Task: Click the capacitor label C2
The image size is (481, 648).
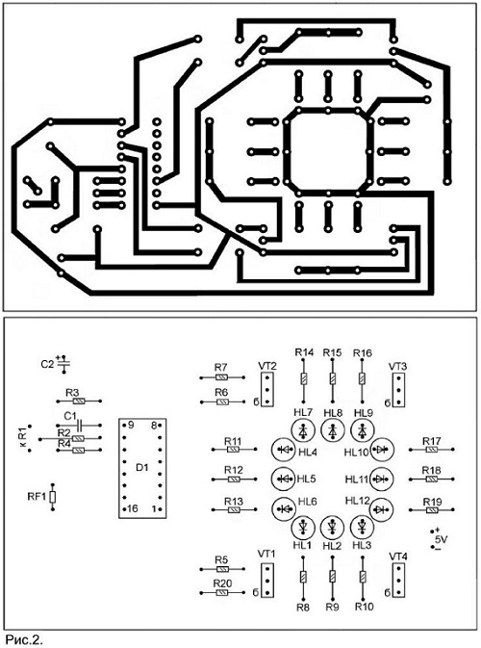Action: coord(47,365)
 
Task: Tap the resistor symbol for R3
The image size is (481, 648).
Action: coord(79,401)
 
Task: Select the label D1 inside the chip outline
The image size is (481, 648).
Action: coord(142,467)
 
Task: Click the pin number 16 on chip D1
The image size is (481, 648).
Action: coord(132,508)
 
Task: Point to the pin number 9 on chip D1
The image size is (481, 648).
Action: coord(131,425)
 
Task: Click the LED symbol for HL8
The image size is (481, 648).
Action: coord(333,430)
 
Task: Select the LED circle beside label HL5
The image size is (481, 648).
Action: coord(283,479)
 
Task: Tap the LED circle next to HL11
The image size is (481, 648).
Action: coord(381,479)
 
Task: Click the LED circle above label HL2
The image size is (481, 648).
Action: coord(332,527)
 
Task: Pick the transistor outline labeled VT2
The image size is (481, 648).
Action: coord(267,389)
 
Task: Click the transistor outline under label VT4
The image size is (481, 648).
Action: coord(398,581)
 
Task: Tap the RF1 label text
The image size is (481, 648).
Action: coord(38,496)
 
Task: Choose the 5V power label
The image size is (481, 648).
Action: coord(441,539)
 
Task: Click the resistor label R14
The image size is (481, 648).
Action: coord(304,352)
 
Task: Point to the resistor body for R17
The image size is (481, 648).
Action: coord(432,450)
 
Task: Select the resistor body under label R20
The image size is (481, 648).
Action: coord(222,593)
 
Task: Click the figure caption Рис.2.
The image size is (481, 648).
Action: coord(24,640)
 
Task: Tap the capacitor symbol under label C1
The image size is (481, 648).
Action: coord(80,425)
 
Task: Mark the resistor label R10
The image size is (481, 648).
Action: coord(365,607)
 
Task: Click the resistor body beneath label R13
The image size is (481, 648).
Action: coord(234,510)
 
